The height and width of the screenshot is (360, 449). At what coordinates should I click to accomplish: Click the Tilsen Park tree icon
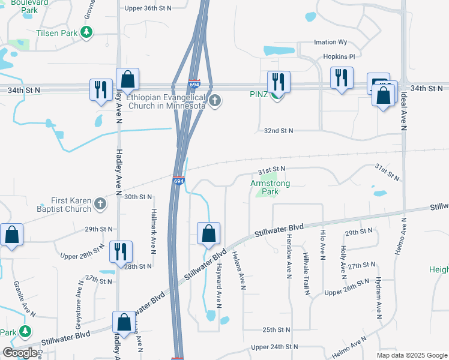(87, 32)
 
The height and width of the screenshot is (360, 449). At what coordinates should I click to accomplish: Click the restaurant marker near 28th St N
(120, 252)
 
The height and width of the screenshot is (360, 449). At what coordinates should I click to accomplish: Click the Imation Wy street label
(331, 43)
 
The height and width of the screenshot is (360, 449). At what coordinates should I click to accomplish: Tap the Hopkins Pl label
(339, 56)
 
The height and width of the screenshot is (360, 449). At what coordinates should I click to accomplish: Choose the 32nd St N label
(278, 131)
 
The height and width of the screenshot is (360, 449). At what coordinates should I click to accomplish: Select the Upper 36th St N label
(148, 8)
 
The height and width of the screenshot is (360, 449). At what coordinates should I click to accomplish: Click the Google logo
(20, 353)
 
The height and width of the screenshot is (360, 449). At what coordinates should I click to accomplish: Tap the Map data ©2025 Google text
(411, 355)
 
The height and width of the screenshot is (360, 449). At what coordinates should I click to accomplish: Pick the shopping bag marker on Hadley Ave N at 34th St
(128, 79)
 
